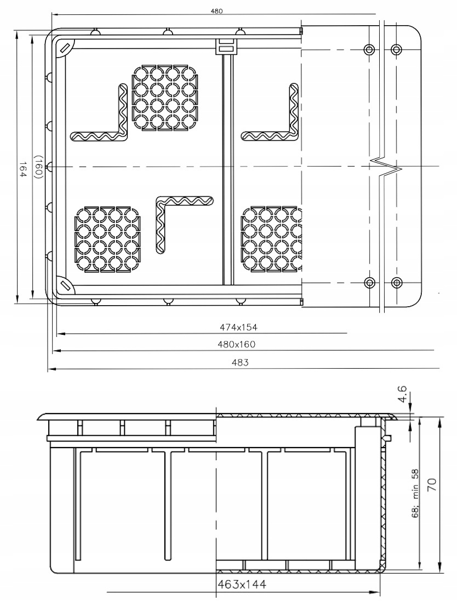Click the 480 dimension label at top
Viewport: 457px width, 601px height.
[x=216, y=12]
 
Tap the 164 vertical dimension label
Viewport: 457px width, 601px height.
[x=22, y=169]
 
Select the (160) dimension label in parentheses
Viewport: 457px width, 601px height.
[x=38, y=167]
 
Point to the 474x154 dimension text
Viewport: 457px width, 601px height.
[x=238, y=327]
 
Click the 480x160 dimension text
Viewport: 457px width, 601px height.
[x=236, y=344]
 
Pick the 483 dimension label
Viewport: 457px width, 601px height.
[x=240, y=362]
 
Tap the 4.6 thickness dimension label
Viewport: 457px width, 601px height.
[x=403, y=394]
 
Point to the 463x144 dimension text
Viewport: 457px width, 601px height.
[x=242, y=585]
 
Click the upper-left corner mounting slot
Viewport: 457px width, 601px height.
[x=64, y=49]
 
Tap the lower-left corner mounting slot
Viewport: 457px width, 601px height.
[x=64, y=285]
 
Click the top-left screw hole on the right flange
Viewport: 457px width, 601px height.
[x=369, y=49]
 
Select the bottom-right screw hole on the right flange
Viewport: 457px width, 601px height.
[x=397, y=283]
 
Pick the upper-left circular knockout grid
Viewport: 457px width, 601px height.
[x=165, y=98]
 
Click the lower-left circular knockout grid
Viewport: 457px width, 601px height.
[x=108, y=240]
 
